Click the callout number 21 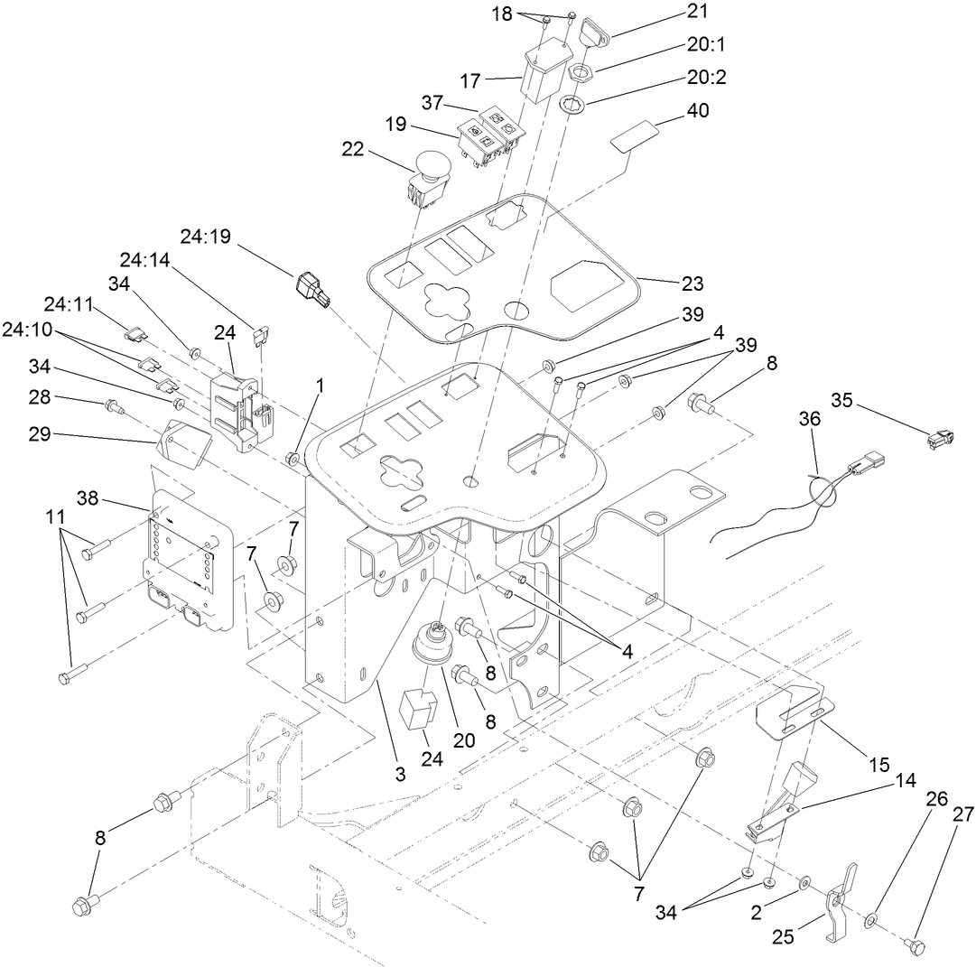coord(698,12)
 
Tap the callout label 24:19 coord(205,237)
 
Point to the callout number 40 coord(698,110)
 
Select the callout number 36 coord(810,421)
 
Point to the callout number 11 coord(56,517)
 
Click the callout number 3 coord(400,773)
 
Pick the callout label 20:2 coord(706,79)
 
